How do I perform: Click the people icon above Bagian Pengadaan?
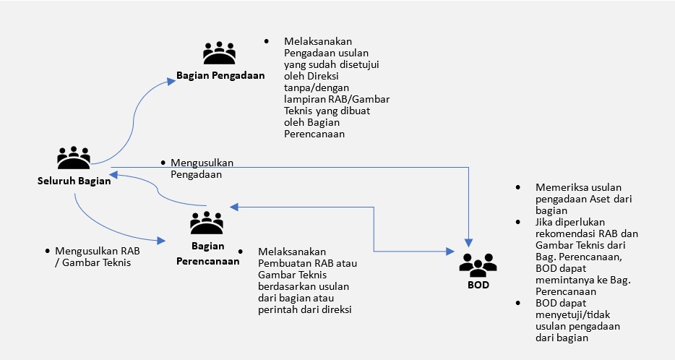click(220, 53)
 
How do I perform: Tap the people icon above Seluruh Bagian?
click(74, 158)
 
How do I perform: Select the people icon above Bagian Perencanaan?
click(207, 224)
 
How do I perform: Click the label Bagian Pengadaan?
click(220, 74)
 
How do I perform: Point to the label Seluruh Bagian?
click(74, 181)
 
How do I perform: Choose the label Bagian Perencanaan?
click(208, 254)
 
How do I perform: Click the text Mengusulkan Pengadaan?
click(202, 168)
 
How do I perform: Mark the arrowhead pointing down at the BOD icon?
click(470, 241)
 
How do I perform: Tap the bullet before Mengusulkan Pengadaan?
click(164, 163)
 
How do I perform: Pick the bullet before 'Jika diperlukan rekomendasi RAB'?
click(518, 222)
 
